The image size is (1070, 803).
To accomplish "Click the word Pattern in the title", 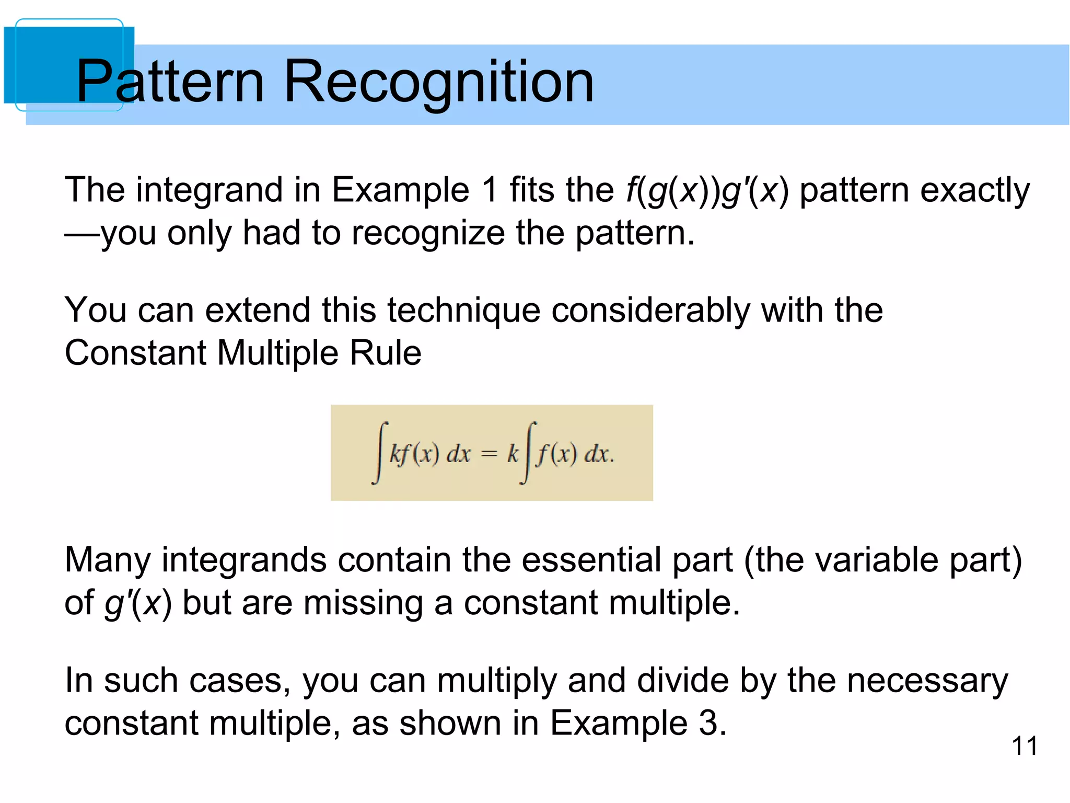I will pyautogui.click(x=170, y=82).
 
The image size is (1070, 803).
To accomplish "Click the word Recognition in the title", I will pyautogui.click(x=438, y=82).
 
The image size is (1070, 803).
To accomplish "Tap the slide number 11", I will pyautogui.click(x=1025, y=745).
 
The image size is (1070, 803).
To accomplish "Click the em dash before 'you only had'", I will pyautogui.click(x=82, y=233).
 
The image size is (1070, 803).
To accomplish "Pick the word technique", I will pyautogui.click(x=457, y=310).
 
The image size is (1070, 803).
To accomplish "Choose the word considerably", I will pyautogui.click(x=650, y=310).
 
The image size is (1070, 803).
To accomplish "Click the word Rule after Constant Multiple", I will pyautogui.click(x=386, y=353).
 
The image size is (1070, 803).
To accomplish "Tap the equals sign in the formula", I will pyautogui.click(x=489, y=454).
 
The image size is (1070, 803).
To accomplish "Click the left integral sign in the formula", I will pyautogui.click(x=380, y=453).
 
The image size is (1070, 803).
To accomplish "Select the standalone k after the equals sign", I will pyautogui.click(x=513, y=453).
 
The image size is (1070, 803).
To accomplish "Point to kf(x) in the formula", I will pyautogui.click(x=414, y=453).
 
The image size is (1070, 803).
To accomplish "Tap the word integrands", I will pyautogui.click(x=244, y=560).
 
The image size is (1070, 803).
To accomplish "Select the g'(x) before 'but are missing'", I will pyautogui.click(x=138, y=603).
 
